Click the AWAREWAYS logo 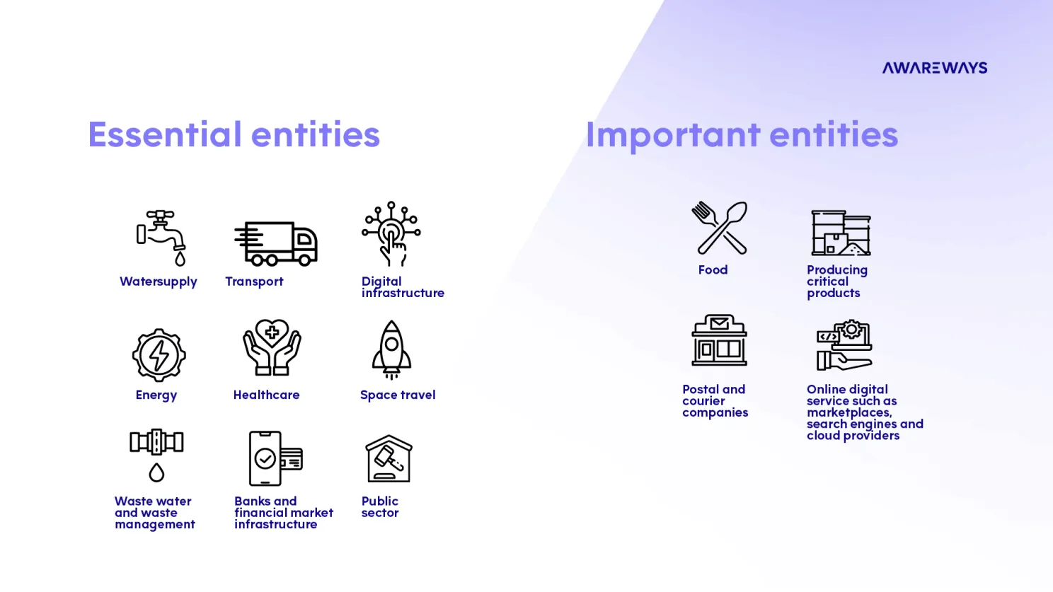935,68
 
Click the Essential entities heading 234,134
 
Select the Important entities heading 742,135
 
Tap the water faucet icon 161,238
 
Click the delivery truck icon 276,243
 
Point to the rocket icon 391,350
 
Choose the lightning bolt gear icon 159,355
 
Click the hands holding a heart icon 272,347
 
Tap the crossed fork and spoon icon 719,228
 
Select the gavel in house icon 389,458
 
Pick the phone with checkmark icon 275,458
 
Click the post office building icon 719,340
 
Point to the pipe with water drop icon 156,455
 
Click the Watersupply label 159,282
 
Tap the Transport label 254,282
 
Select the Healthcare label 267,395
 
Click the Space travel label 398,395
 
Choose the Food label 713,269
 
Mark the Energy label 156,395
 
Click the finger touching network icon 391,234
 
